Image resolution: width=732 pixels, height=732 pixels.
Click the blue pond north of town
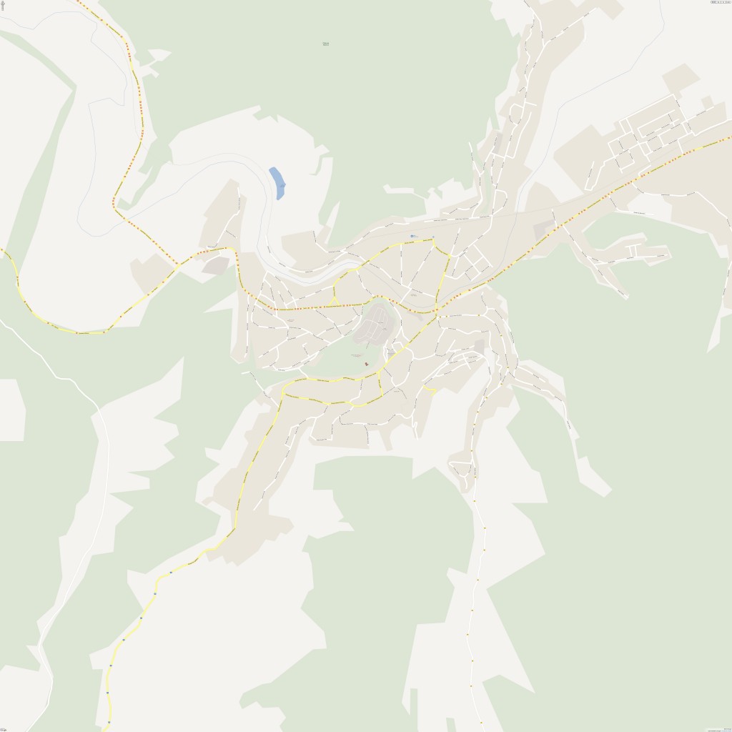pyautogui.click(x=277, y=183)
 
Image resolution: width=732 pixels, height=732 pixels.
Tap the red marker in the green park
pyautogui.click(x=367, y=365)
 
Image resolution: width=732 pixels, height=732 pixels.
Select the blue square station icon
pyautogui.click(x=411, y=236)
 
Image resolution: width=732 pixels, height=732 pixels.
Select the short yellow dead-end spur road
pyautogui.click(x=429, y=390)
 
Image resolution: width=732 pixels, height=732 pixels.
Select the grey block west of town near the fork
pyautogui.click(x=216, y=266)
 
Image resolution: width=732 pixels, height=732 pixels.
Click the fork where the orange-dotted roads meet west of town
pyautogui.click(x=177, y=265)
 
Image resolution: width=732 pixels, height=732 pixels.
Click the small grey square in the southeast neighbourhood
pyautogui.click(x=479, y=346)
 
